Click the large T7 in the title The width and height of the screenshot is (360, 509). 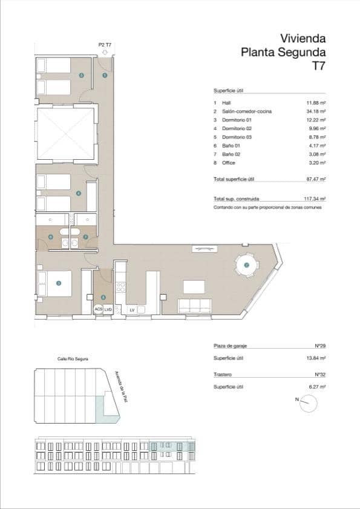(x=318, y=66)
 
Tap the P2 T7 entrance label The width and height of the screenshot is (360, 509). (x=105, y=45)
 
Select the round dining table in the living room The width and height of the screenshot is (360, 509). (x=247, y=265)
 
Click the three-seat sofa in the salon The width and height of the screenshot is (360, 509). (x=194, y=306)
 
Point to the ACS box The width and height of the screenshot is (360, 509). (x=99, y=309)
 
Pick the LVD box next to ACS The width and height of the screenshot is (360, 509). (x=108, y=309)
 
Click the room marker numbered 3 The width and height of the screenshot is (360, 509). (x=59, y=283)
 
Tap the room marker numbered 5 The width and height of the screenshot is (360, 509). (x=81, y=75)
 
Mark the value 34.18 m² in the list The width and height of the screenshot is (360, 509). (x=316, y=112)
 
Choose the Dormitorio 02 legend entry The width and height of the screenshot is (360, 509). (x=237, y=129)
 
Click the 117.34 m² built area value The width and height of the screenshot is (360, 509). (x=315, y=199)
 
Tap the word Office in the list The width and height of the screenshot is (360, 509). (x=229, y=163)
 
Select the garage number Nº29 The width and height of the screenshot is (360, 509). (x=321, y=346)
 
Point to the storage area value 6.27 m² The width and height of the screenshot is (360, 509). (x=317, y=387)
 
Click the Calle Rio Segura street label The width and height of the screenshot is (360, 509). (x=73, y=359)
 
